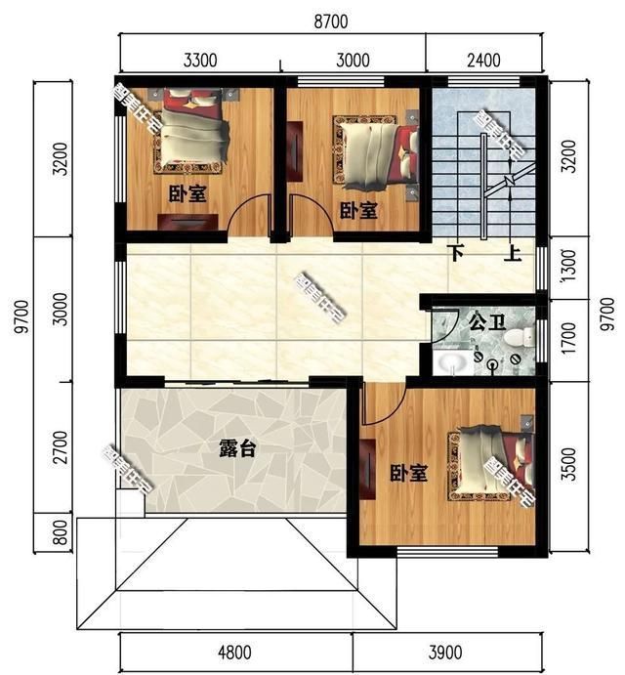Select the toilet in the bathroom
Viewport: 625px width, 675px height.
tap(523, 337)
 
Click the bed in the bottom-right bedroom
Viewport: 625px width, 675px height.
tap(491, 465)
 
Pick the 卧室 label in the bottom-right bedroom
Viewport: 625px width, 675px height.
tap(409, 474)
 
